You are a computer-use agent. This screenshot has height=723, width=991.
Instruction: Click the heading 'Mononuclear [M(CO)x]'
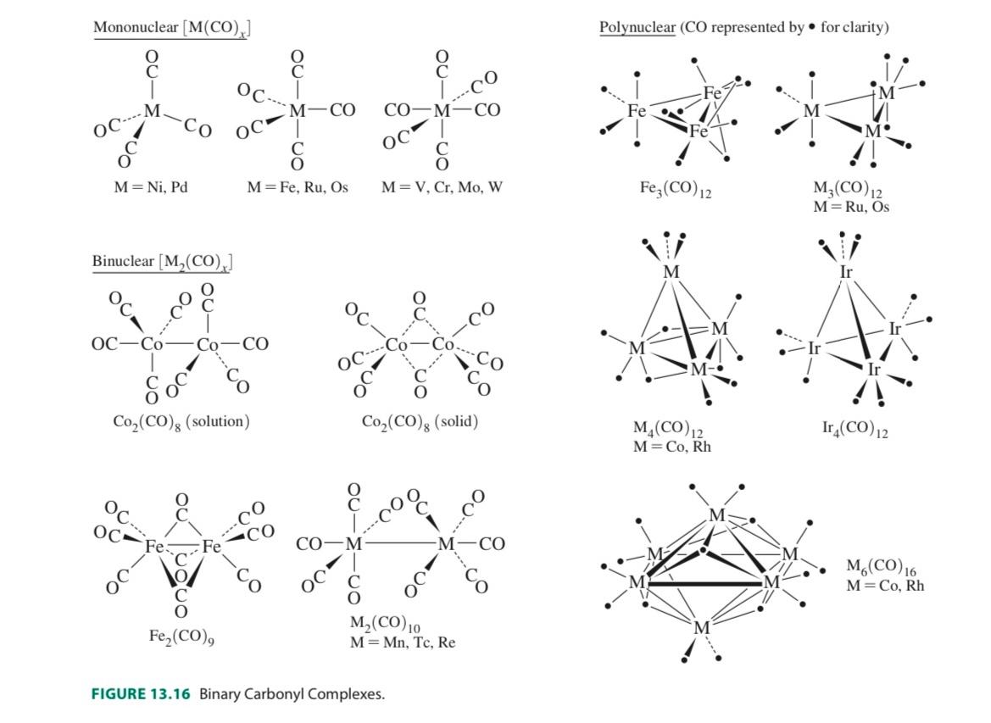171,27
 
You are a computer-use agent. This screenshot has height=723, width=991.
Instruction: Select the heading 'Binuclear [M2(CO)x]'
162,261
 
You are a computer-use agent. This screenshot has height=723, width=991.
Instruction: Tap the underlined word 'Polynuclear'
637,27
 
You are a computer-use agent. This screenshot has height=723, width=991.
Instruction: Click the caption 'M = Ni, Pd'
151,186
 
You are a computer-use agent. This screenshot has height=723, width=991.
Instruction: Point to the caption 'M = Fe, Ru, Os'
298,186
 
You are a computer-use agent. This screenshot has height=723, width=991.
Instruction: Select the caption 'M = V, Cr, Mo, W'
442,186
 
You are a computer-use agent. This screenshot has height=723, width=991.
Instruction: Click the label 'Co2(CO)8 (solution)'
181,422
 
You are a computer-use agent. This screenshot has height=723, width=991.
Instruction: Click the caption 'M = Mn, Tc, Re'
403,642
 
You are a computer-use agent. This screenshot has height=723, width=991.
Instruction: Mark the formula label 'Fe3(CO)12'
676,188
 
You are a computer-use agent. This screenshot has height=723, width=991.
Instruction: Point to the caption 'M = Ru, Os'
851,206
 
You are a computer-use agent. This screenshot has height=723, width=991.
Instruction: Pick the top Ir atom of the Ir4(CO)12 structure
846,272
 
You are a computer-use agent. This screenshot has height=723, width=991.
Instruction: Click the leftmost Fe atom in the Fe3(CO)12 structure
637,111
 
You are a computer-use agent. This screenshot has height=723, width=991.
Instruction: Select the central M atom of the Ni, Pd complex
152,111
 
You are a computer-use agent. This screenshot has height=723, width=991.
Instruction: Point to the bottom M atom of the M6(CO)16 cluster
701,628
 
